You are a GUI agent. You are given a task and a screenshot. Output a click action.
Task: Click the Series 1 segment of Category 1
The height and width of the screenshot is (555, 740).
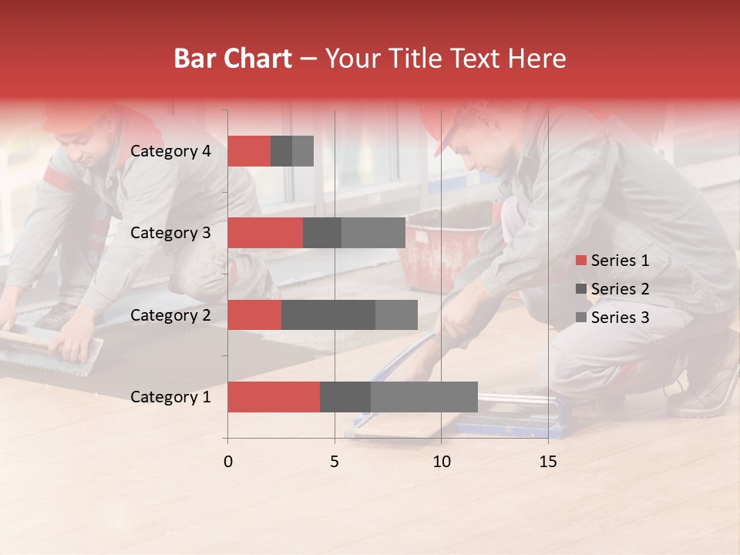pos(274,397)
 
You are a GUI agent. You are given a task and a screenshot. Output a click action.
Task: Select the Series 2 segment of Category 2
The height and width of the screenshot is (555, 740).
pos(328,314)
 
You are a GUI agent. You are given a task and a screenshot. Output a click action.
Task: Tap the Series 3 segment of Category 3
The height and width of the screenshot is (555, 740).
pos(373,233)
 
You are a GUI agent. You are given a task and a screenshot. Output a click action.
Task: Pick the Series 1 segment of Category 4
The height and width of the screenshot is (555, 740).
pos(249,151)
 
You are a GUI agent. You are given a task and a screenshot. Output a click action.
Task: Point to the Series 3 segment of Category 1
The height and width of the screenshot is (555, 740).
pos(424,397)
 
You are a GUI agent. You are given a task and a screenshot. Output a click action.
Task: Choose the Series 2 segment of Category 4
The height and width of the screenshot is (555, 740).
pos(281,151)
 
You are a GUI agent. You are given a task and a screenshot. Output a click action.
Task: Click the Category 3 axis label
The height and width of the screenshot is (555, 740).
pos(170,233)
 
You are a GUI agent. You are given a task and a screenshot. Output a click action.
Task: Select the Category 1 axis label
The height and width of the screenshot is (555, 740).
pos(170,397)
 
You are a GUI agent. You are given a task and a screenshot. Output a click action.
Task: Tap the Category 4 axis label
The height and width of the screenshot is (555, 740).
pos(170,151)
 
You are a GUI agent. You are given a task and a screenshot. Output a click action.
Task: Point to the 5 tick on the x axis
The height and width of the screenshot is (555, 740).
pos(335,462)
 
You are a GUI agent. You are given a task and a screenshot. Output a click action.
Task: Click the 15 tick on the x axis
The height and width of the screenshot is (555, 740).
pos(548,462)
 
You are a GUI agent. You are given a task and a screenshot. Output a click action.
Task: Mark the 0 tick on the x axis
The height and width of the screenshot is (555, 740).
pos(227,462)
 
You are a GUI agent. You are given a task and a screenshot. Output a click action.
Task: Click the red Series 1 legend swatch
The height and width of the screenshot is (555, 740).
pos(580,261)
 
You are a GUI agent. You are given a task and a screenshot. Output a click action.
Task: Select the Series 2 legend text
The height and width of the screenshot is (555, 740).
pos(620,289)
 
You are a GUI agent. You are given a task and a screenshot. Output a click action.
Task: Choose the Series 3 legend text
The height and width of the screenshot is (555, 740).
pos(620,318)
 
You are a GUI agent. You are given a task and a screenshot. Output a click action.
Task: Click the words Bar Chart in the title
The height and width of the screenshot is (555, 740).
pos(233,59)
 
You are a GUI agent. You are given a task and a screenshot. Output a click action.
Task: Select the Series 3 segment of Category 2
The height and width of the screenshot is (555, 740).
pos(396,314)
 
